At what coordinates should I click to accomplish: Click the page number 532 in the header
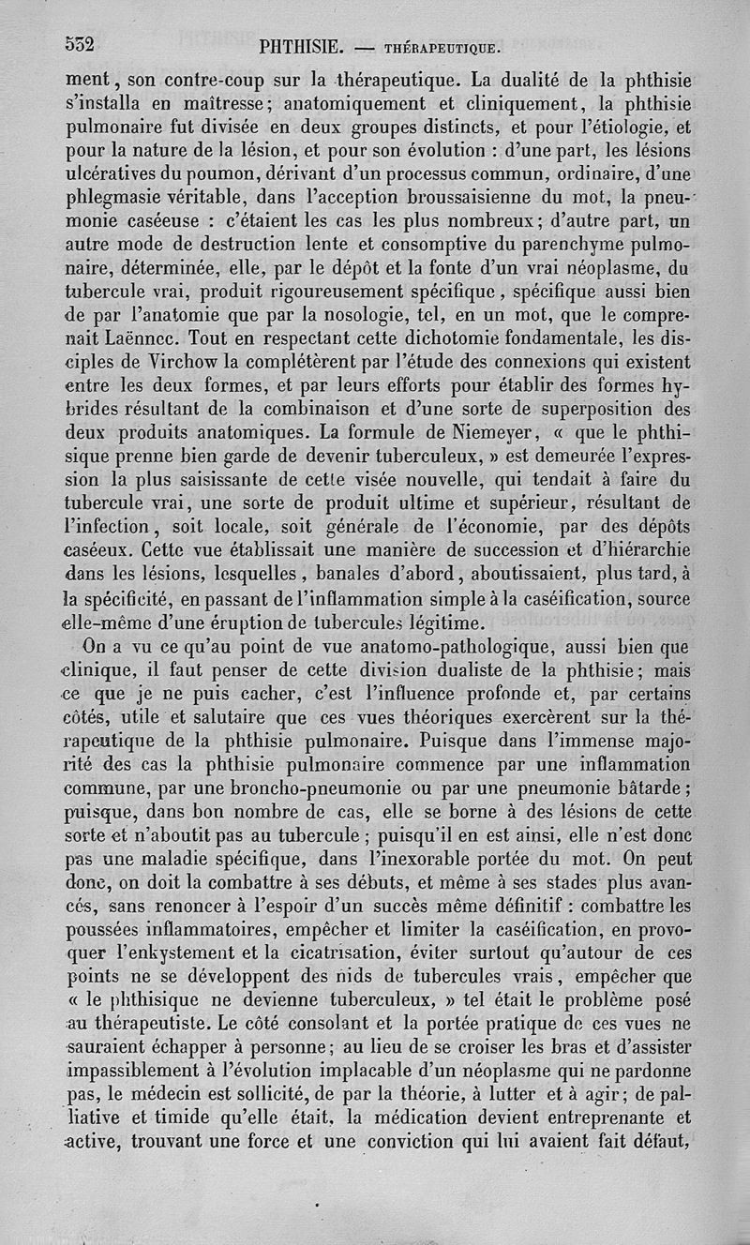[x=82, y=43]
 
